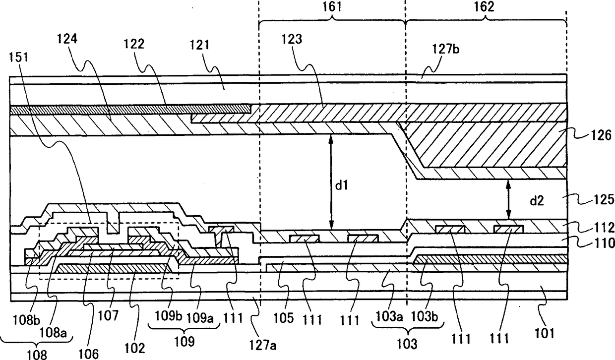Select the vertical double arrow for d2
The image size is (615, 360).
click(508, 199)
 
